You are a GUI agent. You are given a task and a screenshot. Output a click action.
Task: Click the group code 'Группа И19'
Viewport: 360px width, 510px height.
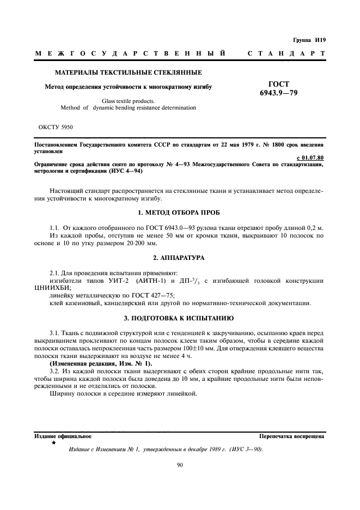click(x=308, y=40)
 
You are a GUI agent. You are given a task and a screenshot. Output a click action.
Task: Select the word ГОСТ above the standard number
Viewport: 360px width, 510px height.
click(x=279, y=84)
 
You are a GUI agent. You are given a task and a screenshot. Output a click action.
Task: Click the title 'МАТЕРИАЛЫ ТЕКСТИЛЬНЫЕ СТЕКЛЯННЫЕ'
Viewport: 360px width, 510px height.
click(x=128, y=72)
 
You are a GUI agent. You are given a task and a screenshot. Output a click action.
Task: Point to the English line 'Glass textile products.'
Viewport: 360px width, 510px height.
click(x=128, y=100)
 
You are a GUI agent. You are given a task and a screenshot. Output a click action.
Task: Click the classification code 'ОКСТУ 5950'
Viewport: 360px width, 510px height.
click(x=56, y=127)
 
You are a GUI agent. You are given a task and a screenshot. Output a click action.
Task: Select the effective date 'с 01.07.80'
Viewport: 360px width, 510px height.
click(x=312, y=157)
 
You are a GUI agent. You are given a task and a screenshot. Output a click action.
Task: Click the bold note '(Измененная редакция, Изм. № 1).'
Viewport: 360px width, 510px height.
click(x=94, y=362)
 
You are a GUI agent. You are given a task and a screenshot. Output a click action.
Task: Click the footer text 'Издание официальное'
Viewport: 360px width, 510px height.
click(x=63, y=436)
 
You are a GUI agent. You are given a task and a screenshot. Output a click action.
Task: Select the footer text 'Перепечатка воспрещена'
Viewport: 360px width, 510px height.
click(x=292, y=436)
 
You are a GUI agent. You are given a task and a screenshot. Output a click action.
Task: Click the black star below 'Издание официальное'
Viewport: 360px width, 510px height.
click(x=53, y=444)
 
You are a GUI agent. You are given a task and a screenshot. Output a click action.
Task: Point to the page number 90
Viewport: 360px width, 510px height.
click(x=180, y=465)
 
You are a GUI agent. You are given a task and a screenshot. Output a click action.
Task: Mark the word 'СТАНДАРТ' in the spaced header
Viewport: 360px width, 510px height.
click(x=286, y=54)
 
